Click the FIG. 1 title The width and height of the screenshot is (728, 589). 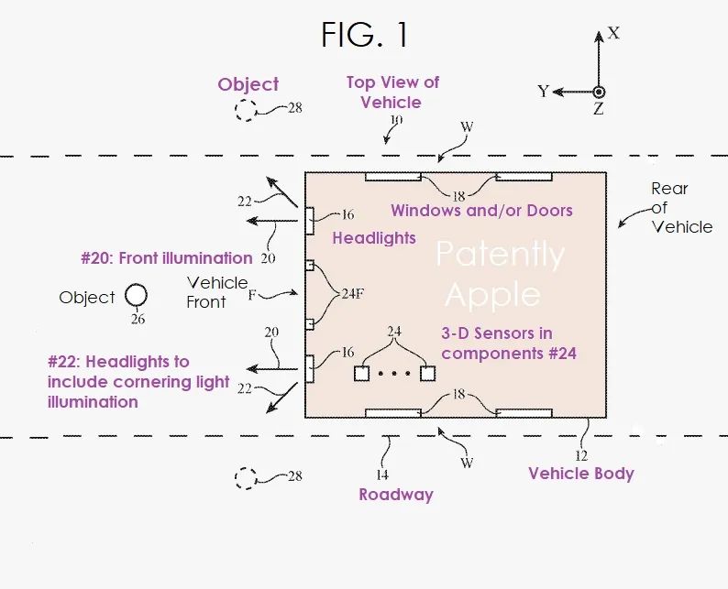(x=364, y=35)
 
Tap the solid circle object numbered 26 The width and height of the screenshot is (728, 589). (x=136, y=295)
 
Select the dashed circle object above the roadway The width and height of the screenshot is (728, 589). (x=246, y=111)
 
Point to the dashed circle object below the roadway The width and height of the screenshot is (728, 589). (x=245, y=478)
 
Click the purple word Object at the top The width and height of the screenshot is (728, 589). (x=248, y=84)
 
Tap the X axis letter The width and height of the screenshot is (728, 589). (x=614, y=33)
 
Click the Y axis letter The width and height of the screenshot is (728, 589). (x=543, y=91)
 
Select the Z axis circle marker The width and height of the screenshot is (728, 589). (x=599, y=92)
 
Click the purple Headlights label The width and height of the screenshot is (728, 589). (x=374, y=237)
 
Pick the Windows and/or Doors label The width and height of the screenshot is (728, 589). (x=481, y=211)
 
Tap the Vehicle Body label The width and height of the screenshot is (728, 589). (x=581, y=474)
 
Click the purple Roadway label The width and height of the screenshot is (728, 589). (x=395, y=495)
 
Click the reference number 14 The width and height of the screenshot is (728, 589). (x=381, y=474)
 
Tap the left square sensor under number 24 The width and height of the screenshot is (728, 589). (x=361, y=374)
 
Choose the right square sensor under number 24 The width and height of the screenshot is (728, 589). (x=427, y=374)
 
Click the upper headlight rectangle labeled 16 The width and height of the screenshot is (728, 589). (x=310, y=221)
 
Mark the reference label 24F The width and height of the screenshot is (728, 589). (x=353, y=295)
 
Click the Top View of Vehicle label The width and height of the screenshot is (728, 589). (x=392, y=92)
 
